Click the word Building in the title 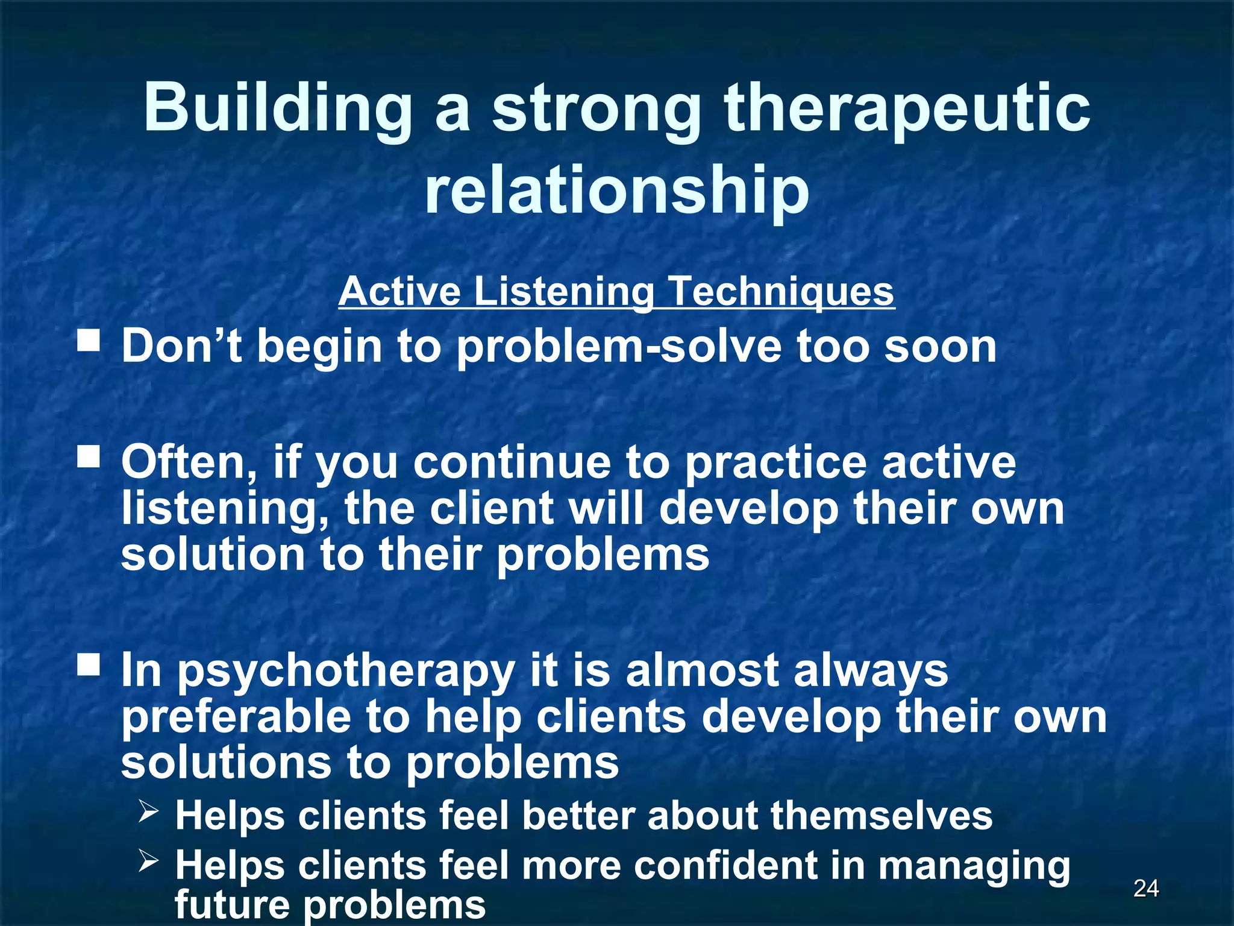coord(278,109)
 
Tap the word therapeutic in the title coord(907,109)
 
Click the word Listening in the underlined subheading coord(563,292)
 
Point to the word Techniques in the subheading coord(781,292)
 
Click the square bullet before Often coord(89,456)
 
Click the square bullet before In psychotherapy coord(89,665)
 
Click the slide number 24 coord(1145,888)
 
